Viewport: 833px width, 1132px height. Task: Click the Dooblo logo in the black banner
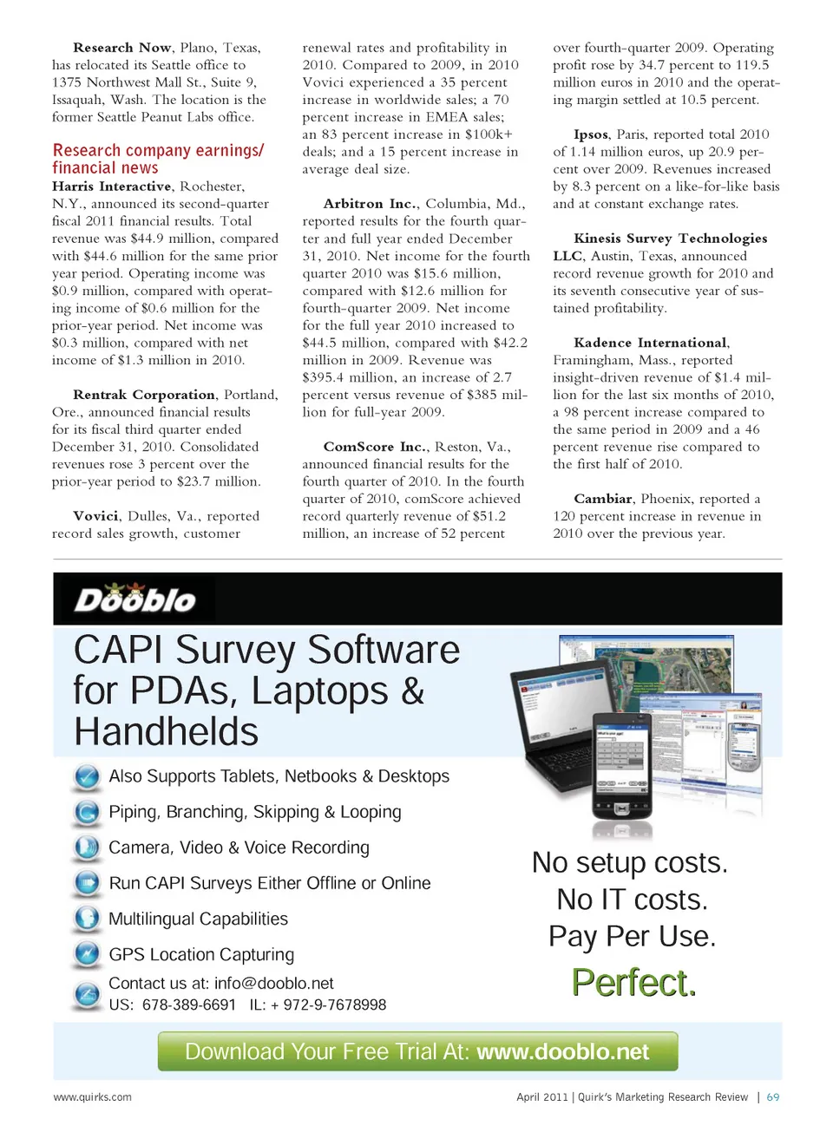[x=134, y=599]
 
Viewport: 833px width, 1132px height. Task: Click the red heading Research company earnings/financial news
[x=158, y=159]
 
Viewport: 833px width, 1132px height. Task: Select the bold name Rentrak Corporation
[x=144, y=395]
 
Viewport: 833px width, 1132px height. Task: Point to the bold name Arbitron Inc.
[x=370, y=204]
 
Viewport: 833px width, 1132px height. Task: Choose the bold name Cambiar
[x=603, y=499]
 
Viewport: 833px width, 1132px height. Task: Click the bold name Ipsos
[x=591, y=134]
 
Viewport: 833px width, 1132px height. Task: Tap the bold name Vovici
[x=95, y=516]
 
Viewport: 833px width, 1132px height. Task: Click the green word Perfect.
[x=633, y=983]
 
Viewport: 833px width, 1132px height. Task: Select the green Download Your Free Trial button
[x=417, y=1051]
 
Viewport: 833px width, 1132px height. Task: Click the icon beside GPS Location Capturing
[x=87, y=954]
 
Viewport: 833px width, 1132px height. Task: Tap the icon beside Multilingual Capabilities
[x=87, y=919]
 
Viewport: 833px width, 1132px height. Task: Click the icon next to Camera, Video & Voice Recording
[x=87, y=847]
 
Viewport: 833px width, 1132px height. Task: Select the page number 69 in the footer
[x=772, y=1097]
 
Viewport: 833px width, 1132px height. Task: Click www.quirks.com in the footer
[x=93, y=1097]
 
